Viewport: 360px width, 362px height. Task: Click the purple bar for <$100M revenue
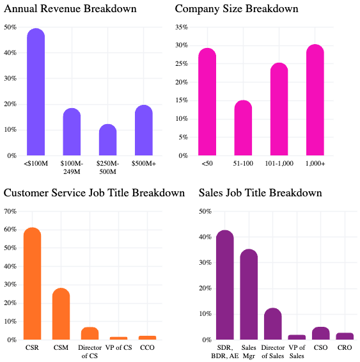(x=36, y=93)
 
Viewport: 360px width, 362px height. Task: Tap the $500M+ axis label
(x=144, y=163)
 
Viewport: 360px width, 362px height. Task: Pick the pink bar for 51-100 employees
(x=243, y=129)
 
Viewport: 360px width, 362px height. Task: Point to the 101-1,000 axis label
(x=279, y=163)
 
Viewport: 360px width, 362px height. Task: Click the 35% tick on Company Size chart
(x=182, y=28)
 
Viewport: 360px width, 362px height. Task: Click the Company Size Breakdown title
(x=236, y=9)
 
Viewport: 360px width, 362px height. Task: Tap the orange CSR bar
(x=32, y=285)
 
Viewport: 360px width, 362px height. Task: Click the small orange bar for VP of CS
(x=118, y=338)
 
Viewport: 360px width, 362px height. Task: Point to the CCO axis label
(x=147, y=347)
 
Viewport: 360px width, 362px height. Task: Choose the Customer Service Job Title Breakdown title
(x=94, y=193)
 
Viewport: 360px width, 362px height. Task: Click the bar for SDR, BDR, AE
(x=224, y=285)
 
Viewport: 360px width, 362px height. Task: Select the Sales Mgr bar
(x=249, y=295)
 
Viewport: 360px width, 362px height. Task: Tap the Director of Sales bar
(x=272, y=324)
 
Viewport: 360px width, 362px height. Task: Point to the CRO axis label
(x=345, y=347)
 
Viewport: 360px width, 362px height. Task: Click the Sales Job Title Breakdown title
(x=260, y=193)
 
